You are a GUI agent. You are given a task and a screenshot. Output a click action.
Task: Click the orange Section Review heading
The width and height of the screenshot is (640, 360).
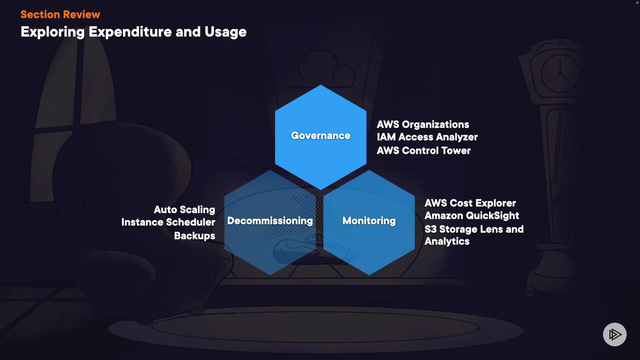(60, 14)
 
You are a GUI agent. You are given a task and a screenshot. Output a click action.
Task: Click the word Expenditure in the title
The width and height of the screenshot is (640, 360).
(130, 32)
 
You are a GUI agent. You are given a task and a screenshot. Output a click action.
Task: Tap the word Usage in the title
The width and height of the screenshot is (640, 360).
(226, 32)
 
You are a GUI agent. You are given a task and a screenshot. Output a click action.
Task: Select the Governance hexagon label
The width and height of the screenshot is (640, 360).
(321, 136)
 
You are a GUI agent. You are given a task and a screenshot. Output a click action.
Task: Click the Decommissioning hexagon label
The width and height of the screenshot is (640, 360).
(270, 221)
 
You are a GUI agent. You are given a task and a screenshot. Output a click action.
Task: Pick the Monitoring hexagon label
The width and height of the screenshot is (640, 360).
(369, 221)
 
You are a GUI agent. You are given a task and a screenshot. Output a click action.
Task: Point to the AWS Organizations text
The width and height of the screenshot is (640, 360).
(423, 124)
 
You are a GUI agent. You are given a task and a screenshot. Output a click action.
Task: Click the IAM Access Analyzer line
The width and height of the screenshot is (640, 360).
(427, 137)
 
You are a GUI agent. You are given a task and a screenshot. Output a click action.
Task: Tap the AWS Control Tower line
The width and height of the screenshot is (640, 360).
(424, 151)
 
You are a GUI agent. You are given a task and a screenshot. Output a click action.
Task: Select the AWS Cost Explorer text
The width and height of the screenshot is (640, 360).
(470, 203)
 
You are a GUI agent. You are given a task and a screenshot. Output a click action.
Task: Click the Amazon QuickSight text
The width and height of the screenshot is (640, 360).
(472, 216)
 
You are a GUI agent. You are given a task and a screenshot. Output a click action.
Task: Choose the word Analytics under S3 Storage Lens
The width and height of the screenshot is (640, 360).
(447, 241)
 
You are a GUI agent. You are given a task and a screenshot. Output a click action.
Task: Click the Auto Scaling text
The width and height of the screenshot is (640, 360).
(184, 210)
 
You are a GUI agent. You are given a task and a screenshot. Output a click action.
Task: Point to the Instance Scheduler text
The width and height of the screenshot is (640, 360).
(168, 222)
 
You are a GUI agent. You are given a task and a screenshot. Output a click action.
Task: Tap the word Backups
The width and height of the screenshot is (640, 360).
(195, 236)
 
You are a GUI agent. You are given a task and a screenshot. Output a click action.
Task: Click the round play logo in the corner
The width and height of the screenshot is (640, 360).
(615, 334)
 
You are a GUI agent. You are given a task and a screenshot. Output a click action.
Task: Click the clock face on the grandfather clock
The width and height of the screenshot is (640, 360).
(560, 73)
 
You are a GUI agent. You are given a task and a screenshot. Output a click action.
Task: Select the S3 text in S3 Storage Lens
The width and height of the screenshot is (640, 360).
(431, 229)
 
